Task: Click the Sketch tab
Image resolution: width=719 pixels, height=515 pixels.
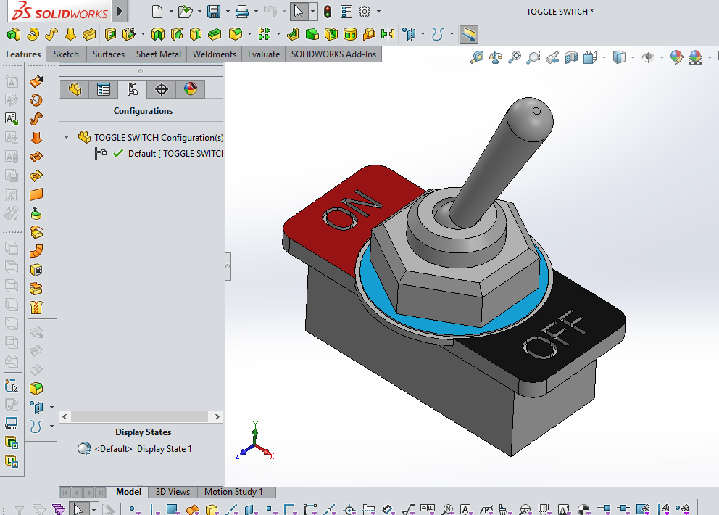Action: pyautogui.click(x=66, y=54)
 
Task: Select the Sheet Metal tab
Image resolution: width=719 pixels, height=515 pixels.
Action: pyautogui.click(x=158, y=54)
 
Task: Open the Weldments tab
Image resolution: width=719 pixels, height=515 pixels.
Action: pyautogui.click(x=215, y=54)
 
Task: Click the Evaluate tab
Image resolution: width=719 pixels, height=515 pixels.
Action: pyautogui.click(x=264, y=54)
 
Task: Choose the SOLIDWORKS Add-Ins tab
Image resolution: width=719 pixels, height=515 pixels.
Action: pyautogui.click(x=333, y=54)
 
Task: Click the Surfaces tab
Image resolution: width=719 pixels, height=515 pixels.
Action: pyautogui.click(x=109, y=54)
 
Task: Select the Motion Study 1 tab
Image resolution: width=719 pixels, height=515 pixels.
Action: pyautogui.click(x=233, y=492)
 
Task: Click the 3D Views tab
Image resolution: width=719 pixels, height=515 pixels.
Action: pyautogui.click(x=173, y=492)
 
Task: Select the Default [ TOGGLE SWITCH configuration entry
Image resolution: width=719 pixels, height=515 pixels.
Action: pyautogui.click(x=174, y=154)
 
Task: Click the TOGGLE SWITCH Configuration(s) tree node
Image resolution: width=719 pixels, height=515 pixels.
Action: pyautogui.click(x=158, y=137)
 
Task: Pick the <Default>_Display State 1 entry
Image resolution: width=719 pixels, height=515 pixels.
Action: pyautogui.click(x=143, y=449)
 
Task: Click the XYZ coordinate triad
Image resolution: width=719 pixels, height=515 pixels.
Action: pyautogui.click(x=254, y=442)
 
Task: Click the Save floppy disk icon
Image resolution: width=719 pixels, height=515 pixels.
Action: pyautogui.click(x=214, y=12)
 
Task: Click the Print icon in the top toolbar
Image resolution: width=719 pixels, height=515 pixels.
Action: pyautogui.click(x=242, y=12)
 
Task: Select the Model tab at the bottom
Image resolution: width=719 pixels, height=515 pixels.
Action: pyautogui.click(x=129, y=492)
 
